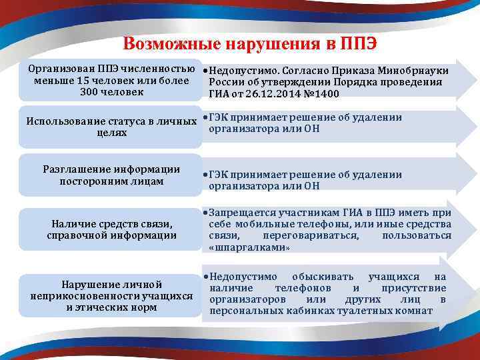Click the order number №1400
point(321,94)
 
